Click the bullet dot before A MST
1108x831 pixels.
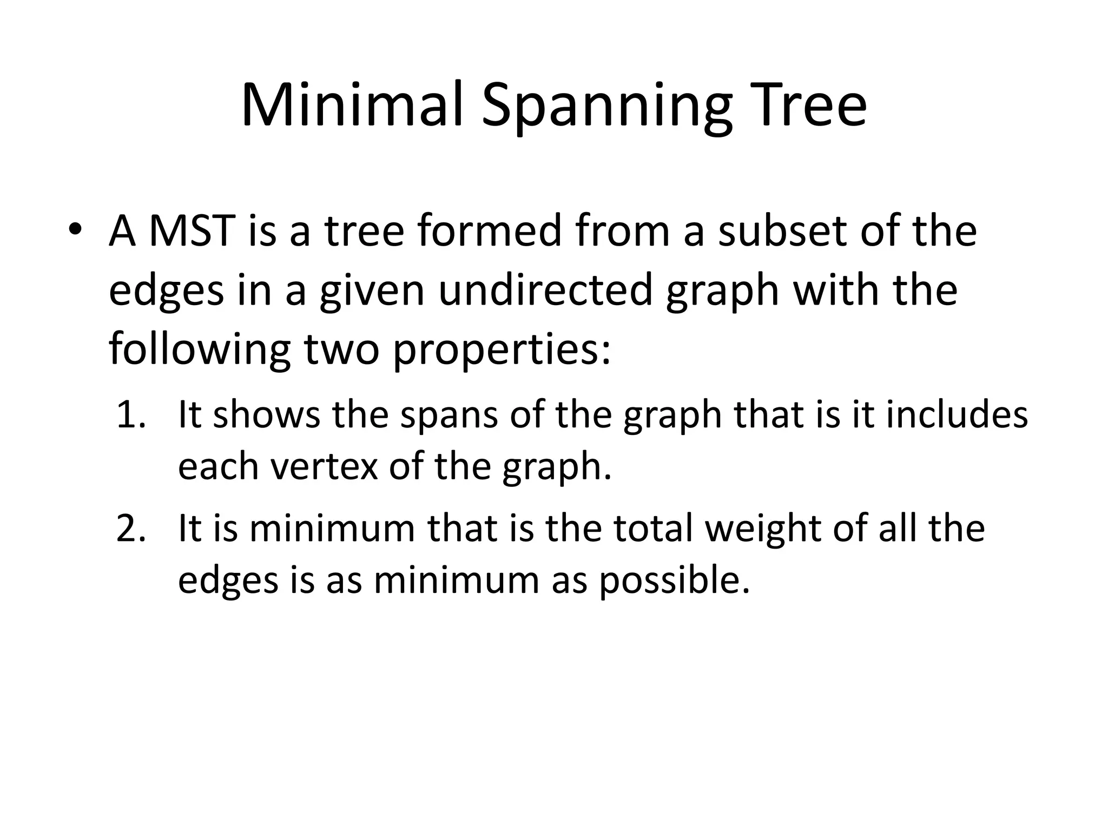click(x=76, y=229)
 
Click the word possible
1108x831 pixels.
click(x=674, y=581)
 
